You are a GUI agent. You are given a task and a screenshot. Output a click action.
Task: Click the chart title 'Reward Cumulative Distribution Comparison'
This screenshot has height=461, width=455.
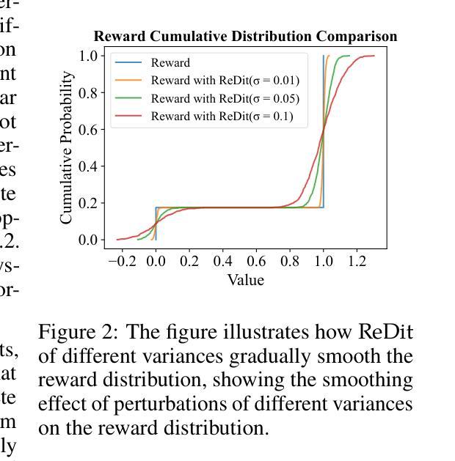coord(245,37)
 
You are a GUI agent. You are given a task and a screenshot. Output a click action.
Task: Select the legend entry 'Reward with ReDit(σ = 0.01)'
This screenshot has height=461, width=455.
coord(225,81)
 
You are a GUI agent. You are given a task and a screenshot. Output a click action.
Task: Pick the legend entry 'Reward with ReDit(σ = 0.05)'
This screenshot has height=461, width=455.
coord(225,98)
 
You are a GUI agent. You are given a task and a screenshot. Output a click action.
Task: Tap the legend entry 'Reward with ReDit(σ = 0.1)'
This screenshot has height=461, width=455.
coord(222,116)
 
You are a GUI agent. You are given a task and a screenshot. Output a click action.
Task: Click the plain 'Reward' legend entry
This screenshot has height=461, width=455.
coord(170,63)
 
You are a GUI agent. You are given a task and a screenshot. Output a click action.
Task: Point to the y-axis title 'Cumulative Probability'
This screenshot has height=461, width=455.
coord(68,147)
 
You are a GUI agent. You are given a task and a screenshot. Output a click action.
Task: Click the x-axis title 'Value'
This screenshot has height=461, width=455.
coord(245,280)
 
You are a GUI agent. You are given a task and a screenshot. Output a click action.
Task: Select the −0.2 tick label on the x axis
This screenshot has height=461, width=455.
coord(119,261)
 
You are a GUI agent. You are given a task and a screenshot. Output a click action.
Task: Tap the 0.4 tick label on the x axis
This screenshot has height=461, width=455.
coord(222,261)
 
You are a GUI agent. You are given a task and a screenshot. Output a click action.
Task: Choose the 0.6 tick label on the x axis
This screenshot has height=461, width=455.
coord(256,261)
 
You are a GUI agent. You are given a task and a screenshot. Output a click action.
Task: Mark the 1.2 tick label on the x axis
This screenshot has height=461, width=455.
coord(357,261)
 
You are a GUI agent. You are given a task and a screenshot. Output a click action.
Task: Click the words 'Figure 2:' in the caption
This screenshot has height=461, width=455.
coord(78,332)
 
